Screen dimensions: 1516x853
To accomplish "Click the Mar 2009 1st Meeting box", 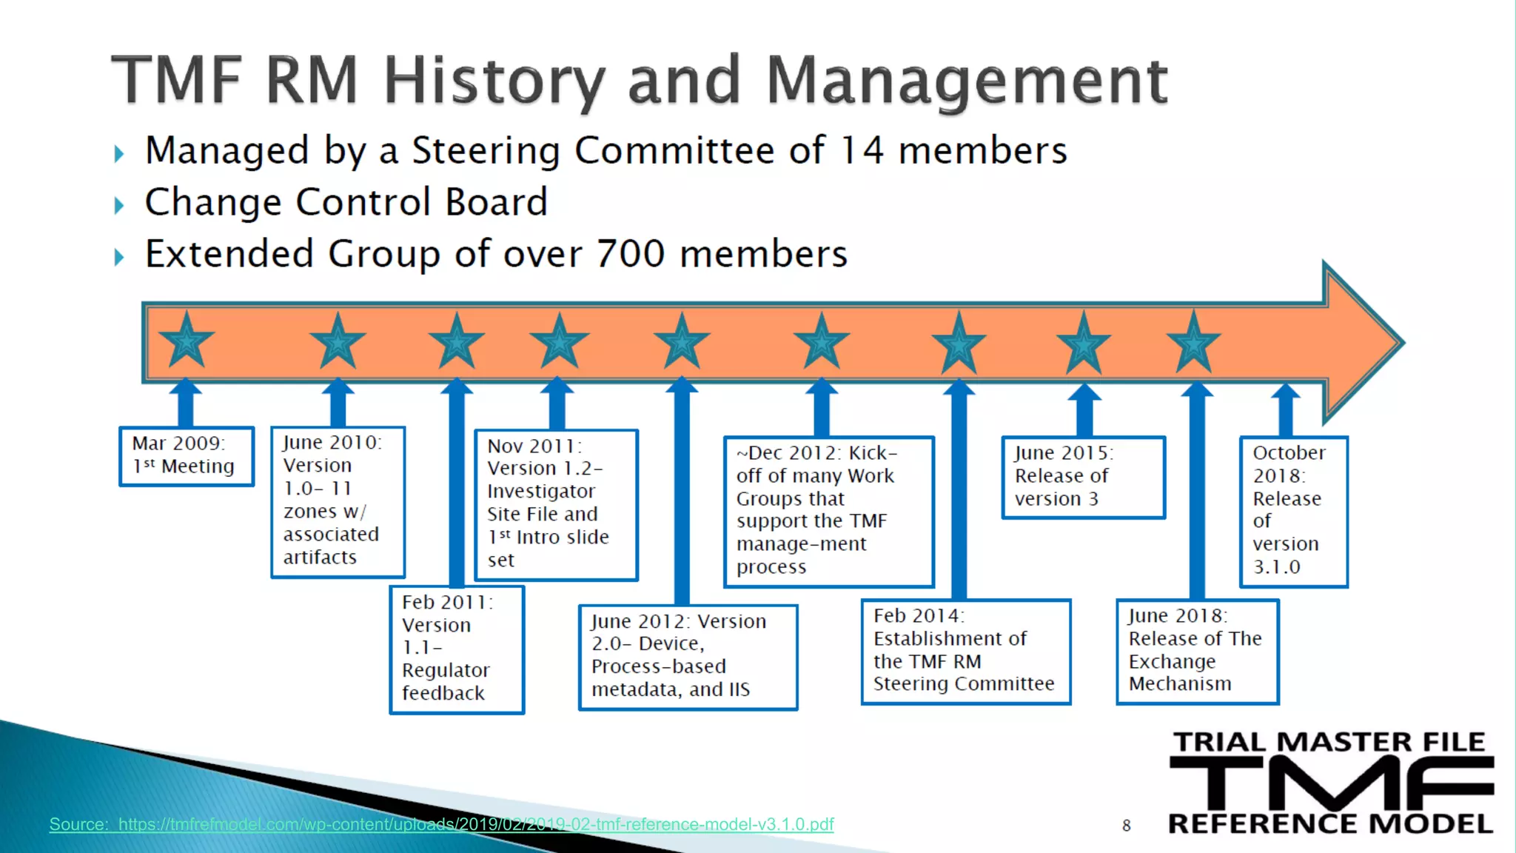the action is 187,456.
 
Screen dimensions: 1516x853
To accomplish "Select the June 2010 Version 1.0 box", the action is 338,501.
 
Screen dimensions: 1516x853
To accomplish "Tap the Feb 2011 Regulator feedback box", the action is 457,649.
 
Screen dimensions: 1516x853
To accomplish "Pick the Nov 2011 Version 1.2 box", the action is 556,504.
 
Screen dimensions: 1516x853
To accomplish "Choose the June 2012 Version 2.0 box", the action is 688,657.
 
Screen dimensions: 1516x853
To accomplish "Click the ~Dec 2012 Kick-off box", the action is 828,511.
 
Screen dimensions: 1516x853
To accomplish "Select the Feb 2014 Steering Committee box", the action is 966,651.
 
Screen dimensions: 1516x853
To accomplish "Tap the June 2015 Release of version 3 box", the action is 1083,477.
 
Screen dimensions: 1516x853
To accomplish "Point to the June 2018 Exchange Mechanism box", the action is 1197,651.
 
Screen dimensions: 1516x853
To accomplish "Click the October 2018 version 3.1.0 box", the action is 1293,511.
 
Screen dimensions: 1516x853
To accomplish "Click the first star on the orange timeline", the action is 187,341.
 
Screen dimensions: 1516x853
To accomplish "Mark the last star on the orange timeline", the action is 1193,342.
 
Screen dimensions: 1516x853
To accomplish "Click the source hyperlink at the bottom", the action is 441,824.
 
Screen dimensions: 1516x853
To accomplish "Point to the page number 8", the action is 1127,825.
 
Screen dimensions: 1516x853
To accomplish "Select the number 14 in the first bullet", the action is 862,151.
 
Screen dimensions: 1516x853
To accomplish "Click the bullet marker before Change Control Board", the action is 119,205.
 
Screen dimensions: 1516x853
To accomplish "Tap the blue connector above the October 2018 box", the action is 1286,411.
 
